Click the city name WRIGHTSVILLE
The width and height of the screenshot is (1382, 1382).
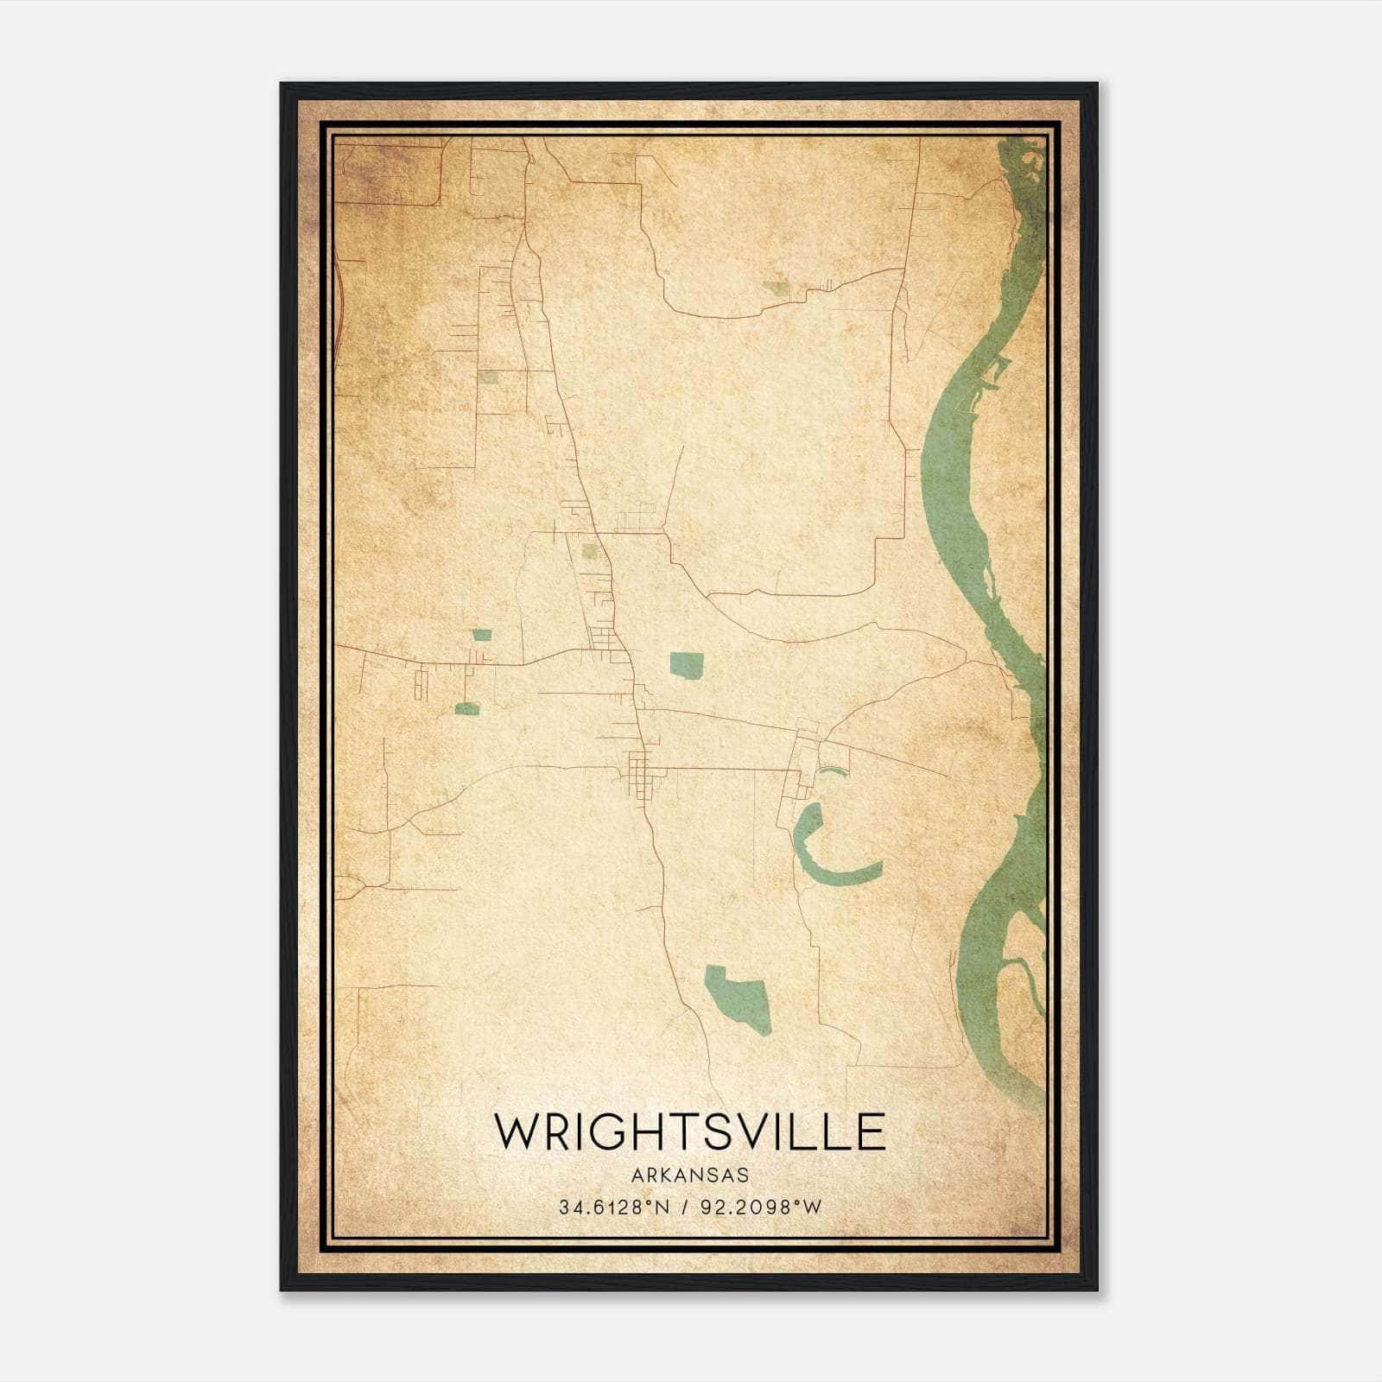pyautogui.click(x=689, y=1132)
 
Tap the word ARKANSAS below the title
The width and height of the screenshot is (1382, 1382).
pyautogui.click(x=689, y=1176)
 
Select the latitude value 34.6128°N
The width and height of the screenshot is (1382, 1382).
pyautogui.click(x=614, y=1208)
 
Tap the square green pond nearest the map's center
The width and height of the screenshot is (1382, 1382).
pyautogui.click(x=687, y=665)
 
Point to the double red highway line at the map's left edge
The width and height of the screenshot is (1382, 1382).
pyautogui.click(x=339, y=302)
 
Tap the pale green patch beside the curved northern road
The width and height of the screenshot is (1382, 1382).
pyautogui.click(x=776, y=288)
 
